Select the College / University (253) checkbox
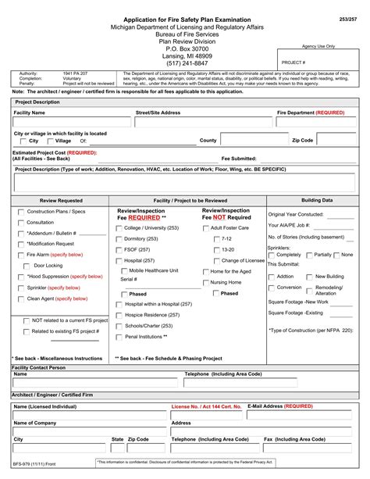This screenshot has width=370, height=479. [x=119, y=228]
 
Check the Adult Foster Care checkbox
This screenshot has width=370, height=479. [x=205, y=228]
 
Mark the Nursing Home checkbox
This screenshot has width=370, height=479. [x=205, y=282]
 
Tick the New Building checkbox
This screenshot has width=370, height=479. [x=309, y=277]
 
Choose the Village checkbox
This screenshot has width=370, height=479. [x=49, y=141]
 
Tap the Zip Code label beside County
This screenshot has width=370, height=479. [x=301, y=141]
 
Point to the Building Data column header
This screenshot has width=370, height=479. [x=317, y=200]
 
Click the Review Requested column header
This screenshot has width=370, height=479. [x=60, y=201]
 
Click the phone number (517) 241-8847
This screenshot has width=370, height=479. [x=184, y=63]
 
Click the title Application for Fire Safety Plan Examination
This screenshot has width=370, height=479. [x=184, y=19]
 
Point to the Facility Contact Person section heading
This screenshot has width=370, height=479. [x=39, y=366]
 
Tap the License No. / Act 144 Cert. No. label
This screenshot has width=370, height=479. [x=206, y=407]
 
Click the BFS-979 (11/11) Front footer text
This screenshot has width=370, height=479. [x=34, y=463]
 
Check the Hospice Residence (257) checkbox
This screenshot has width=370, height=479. [x=119, y=315]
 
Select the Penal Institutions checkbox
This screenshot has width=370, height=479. [x=119, y=337]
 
